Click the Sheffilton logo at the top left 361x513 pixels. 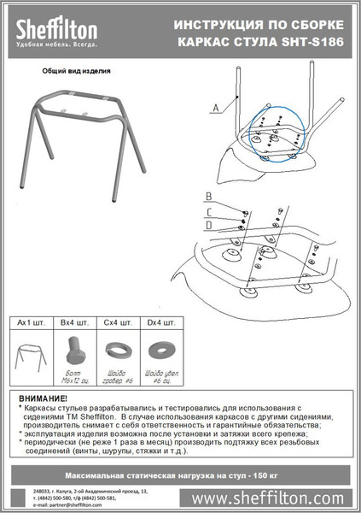55,32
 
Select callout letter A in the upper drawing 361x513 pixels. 215,105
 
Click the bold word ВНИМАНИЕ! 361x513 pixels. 44,399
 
